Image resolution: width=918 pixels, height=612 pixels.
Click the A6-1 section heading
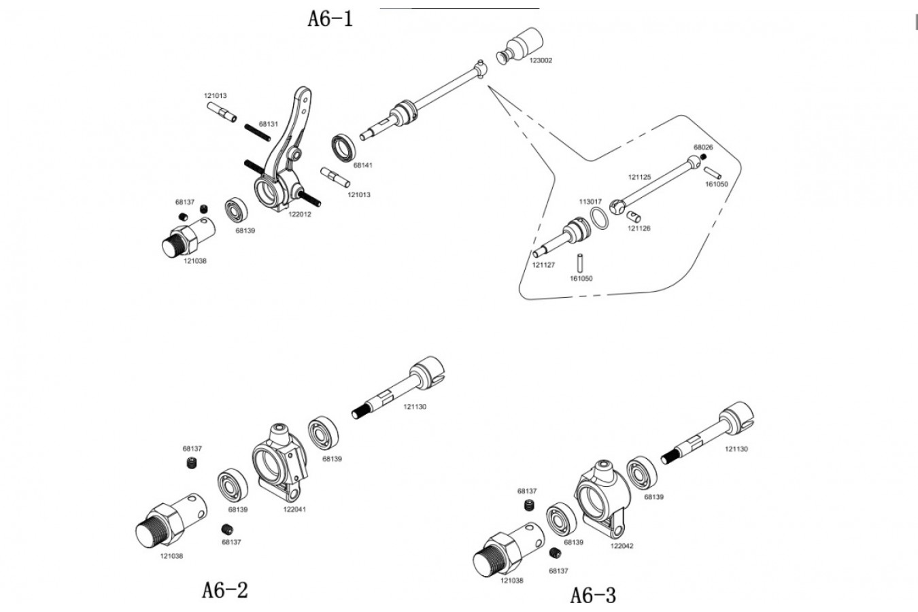[330, 19]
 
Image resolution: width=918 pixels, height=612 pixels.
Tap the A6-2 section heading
[225, 590]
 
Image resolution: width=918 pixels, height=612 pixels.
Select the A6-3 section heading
[593, 595]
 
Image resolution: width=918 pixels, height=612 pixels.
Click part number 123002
[541, 61]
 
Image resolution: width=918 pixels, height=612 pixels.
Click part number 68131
[269, 124]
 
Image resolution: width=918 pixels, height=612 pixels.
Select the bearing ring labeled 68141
[343, 148]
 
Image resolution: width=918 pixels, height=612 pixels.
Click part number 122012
[300, 214]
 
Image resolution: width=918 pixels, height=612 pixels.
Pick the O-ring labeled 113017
[599, 218]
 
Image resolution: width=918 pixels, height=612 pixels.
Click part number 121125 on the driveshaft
[639, 177]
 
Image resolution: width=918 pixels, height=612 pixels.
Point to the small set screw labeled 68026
[704, 157]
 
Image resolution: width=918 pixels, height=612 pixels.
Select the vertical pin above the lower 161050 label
[580, 262]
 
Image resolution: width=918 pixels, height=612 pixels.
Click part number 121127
[543, 265]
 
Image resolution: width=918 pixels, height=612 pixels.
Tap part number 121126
[639, 228]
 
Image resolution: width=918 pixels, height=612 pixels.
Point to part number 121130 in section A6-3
[736, 449]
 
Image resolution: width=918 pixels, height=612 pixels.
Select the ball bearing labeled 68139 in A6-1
[237, 210]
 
